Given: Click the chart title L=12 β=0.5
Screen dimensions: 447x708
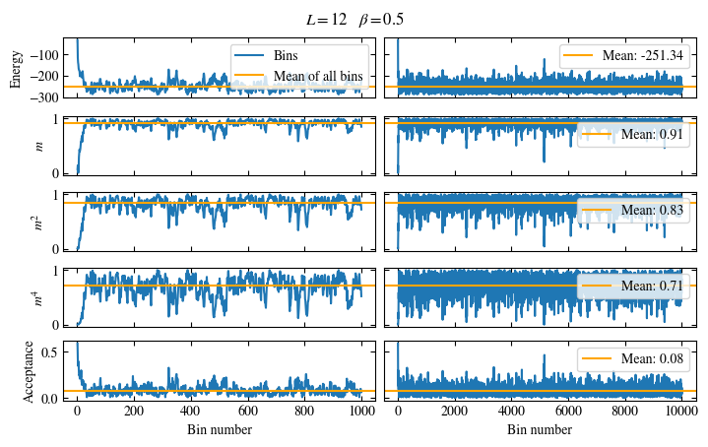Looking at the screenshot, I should click(355, 20).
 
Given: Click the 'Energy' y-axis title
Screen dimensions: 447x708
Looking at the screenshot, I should click(17, 67).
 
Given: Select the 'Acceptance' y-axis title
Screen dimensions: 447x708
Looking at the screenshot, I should click(30, 370).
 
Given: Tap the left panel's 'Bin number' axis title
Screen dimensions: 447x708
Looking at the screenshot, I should click(219, 430).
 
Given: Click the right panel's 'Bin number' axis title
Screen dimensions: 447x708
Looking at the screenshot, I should click(540, 430).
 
